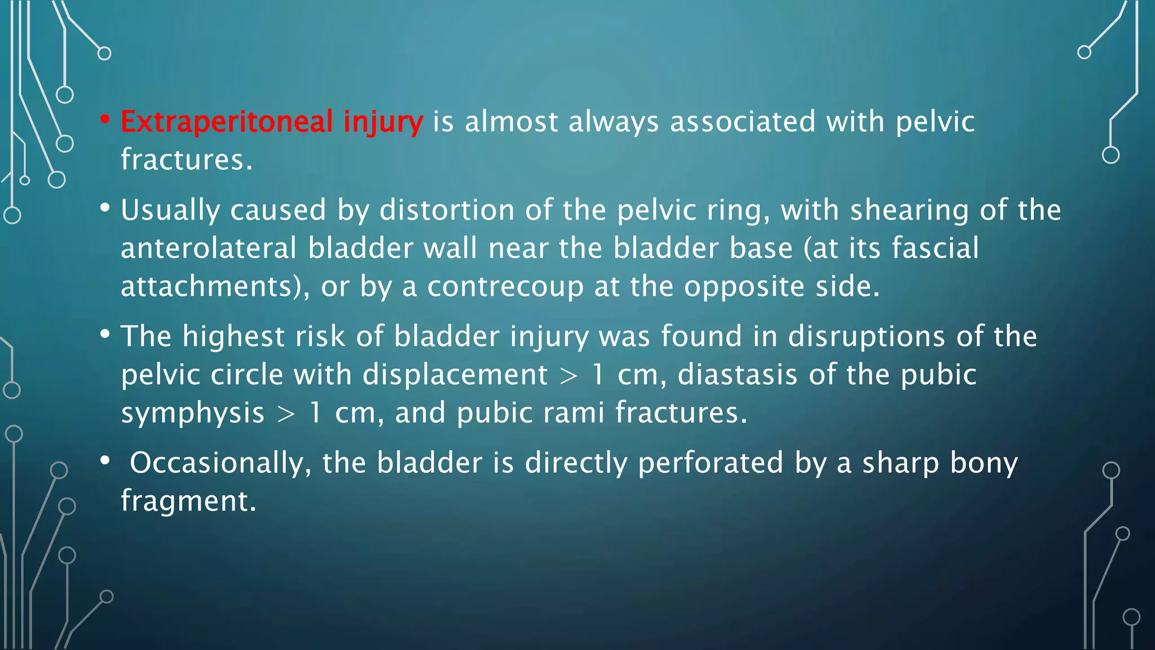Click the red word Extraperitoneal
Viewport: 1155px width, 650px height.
(x=227, y=122)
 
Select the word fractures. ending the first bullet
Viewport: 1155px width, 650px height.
(x=187, y=160)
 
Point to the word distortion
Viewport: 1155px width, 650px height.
(x=447, y=210)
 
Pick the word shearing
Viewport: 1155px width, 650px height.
(x=909, y=211)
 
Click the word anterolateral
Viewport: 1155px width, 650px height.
(x=209, y=248)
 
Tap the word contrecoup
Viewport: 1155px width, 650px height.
(x=505, y=287)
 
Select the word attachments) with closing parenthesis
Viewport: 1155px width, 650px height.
(x=215, y=287)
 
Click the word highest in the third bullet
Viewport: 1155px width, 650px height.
(x=233, y=337)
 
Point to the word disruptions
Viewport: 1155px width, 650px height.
(x=866, y=337)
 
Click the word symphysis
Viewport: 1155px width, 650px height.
(x=192, y=414)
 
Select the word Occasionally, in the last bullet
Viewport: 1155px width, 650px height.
(x=221, y=463)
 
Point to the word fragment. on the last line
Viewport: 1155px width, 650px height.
(x=188, y=501)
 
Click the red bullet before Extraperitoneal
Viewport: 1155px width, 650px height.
(x=105, y=119)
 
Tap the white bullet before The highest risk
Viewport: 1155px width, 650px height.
(x=105, y=334)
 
